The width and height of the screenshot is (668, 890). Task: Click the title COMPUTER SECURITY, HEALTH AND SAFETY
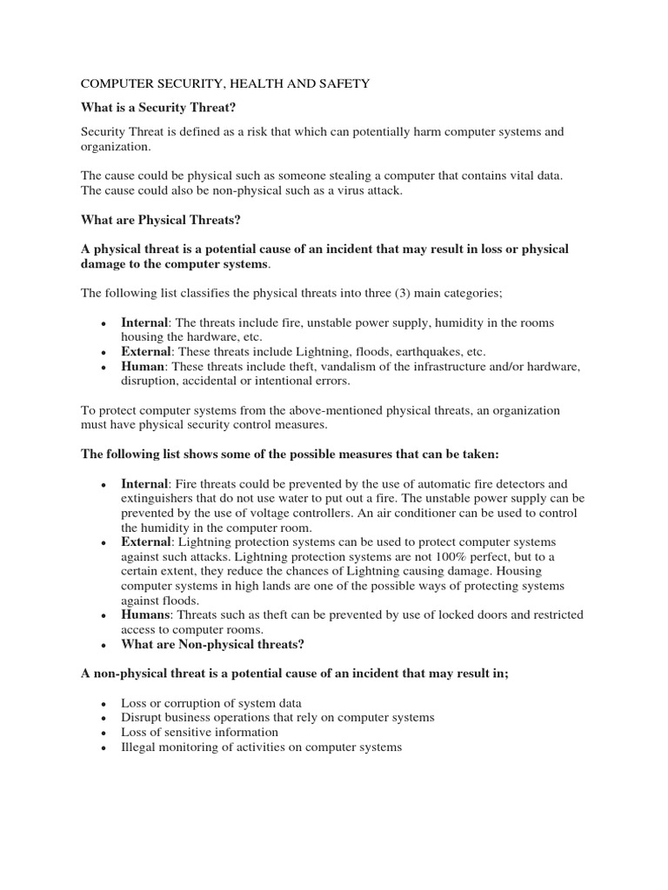(x=225, y=83)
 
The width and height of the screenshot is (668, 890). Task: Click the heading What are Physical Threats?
(x=160, y=220)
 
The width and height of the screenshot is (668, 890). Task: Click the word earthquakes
(x=427, y=352)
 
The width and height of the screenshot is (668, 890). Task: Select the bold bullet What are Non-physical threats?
(x=213, y=645)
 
